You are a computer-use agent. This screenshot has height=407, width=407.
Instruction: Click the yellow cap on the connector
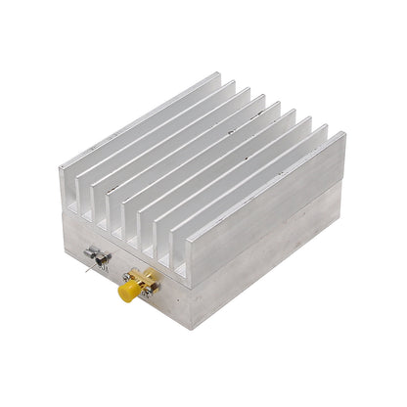126,292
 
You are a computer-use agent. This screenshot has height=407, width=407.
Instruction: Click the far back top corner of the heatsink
217,74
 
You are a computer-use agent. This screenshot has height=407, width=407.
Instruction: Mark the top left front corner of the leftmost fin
60,169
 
